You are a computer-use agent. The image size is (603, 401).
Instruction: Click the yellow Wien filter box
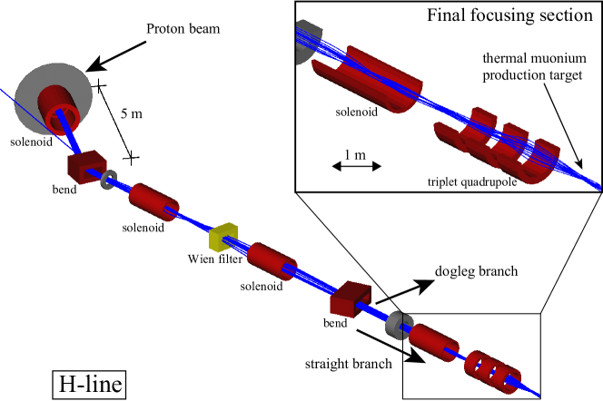[222, 238]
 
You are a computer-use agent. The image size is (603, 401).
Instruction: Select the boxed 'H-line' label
[87, 385]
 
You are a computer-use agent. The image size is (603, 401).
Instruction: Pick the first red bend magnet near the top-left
[85, 166]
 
